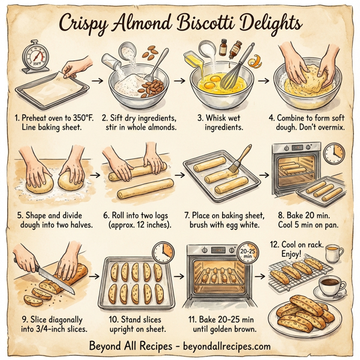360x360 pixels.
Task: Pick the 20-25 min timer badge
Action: point(245,252)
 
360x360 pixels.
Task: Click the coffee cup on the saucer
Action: point(329,285)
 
